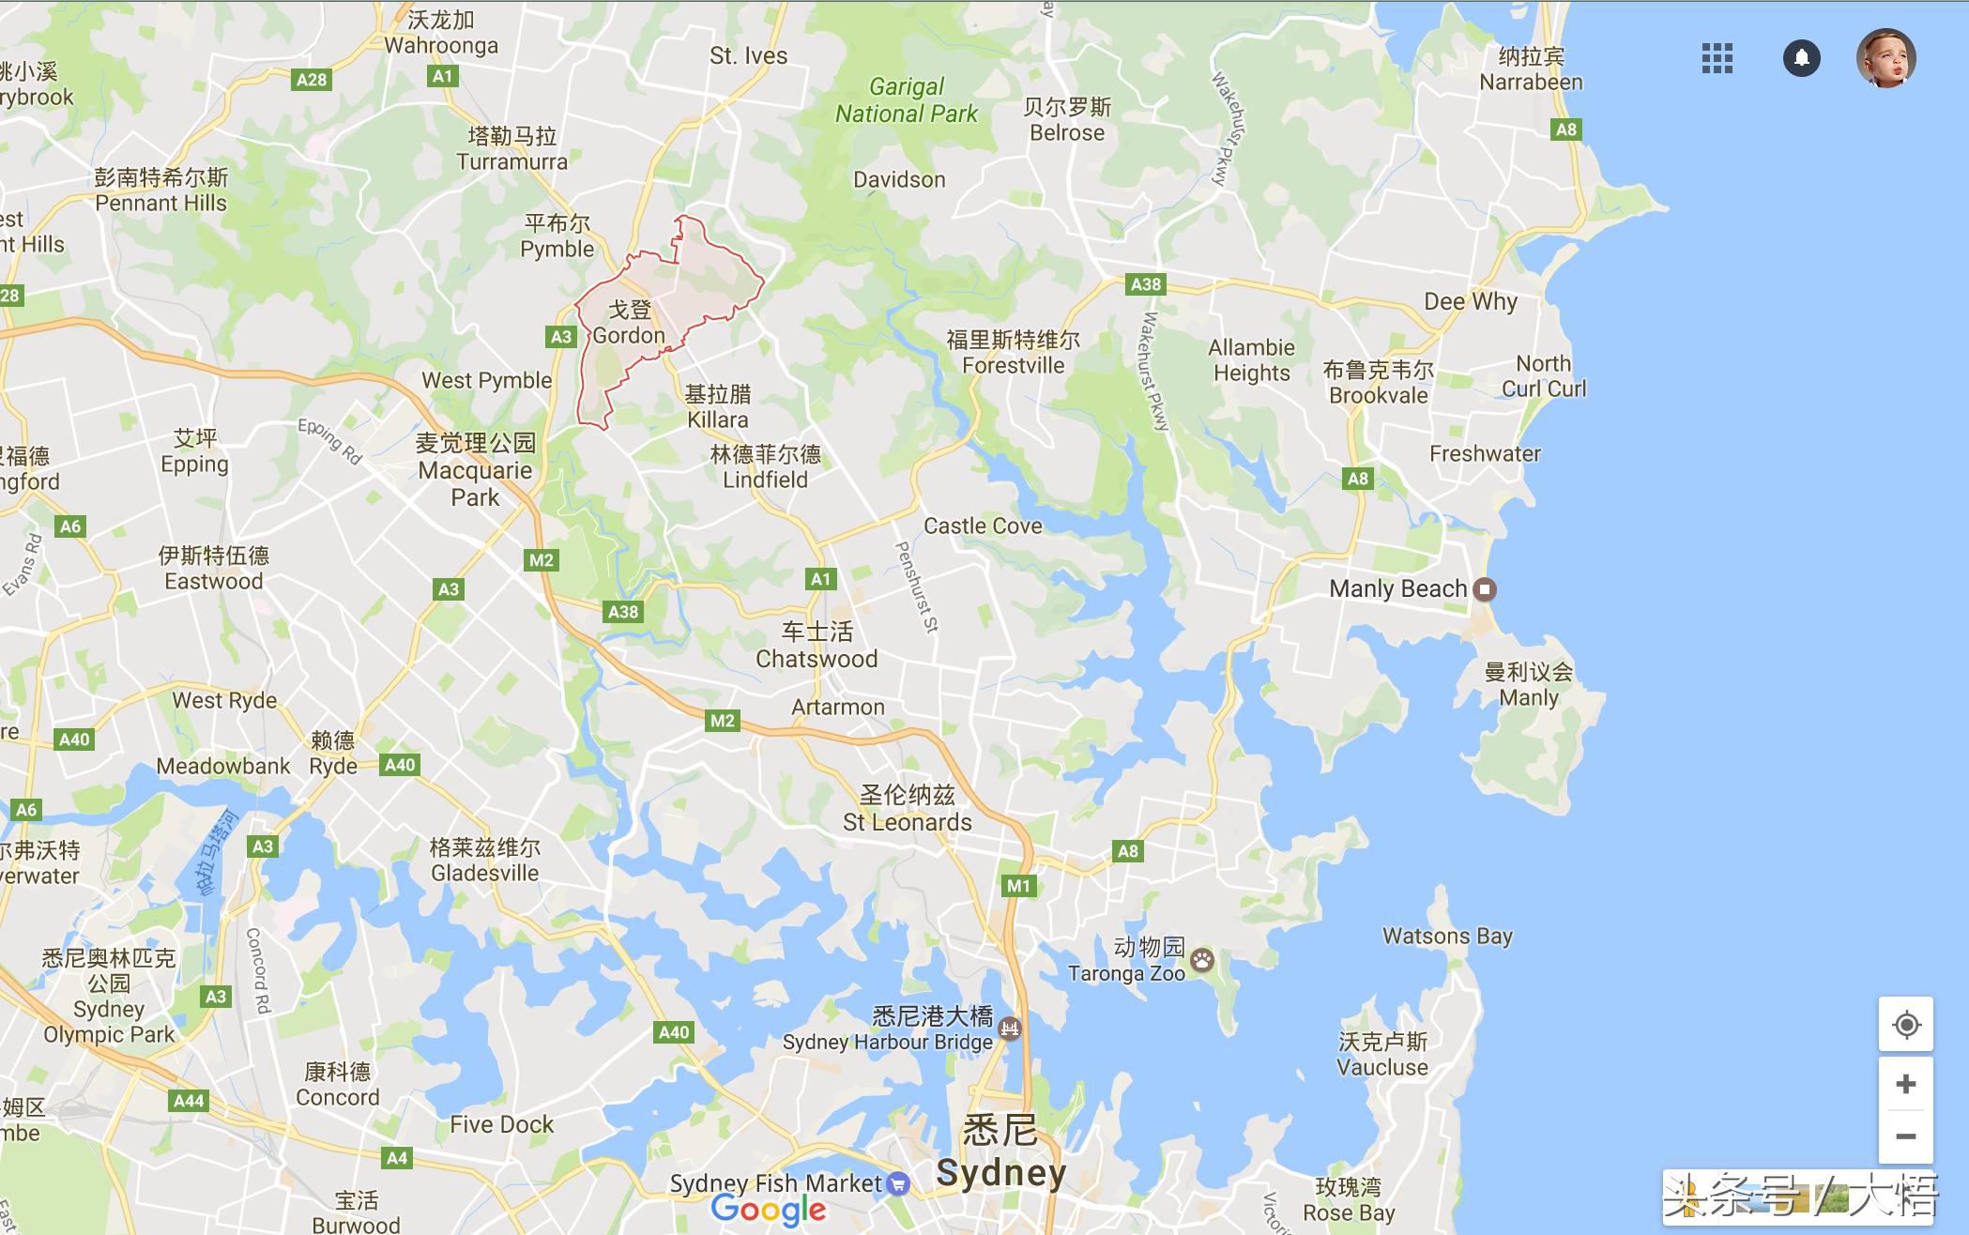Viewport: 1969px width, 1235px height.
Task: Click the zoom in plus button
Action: [x=1905, y=1084]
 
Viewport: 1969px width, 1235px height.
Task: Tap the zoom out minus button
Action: [x=1905, y=1136]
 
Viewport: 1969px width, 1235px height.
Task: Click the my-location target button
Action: [x=1905, y=1025]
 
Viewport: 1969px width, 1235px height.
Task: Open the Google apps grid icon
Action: [x=1717, y=58]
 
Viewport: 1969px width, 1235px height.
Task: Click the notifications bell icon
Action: [x=1801, y=58]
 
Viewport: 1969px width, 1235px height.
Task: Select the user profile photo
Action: [x=1885, y=58]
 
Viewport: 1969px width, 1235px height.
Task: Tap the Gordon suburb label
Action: [x=629, y=323]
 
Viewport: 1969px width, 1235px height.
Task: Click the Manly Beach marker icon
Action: [x=1484, y=589]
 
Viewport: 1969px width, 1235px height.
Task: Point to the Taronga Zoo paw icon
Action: [x=1202, y=960]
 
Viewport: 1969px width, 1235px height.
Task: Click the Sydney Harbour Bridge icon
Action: [x=1010, y=1029]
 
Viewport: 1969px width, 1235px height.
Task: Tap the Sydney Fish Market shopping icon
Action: [x=898, y=1183]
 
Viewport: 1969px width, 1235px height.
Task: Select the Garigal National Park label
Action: [x=906, y=100]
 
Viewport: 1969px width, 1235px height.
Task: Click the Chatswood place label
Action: [x=817, y=647]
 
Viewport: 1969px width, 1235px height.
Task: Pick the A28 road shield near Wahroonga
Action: [x=312, y=80]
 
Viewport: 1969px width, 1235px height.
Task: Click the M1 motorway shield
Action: [x=1018, y=886]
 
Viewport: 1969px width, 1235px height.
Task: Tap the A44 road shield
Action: [x=189, y=1101]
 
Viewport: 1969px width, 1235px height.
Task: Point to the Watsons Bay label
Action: [x=1447, y=936]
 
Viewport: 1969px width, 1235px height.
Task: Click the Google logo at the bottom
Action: [x=769, y=1211]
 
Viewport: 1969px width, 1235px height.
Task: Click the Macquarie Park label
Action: [x=476, y=470]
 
